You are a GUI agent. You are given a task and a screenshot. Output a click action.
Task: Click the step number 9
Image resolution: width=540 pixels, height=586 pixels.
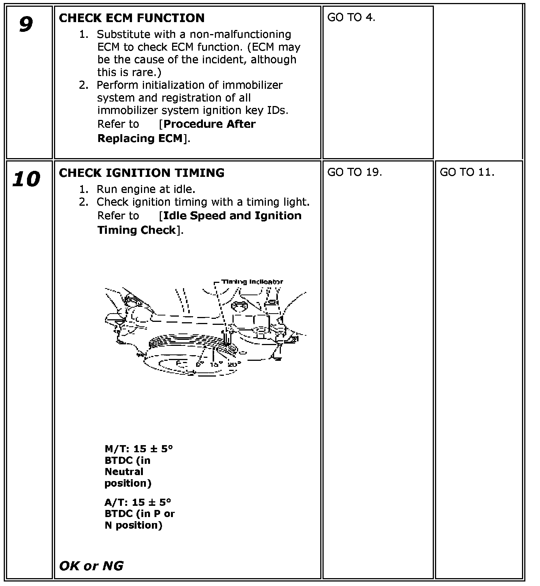[25, 25]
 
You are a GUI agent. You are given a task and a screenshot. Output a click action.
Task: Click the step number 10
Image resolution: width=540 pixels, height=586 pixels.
[26, 179]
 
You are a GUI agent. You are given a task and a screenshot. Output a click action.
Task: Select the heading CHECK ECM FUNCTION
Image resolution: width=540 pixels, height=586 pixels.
[132, 18]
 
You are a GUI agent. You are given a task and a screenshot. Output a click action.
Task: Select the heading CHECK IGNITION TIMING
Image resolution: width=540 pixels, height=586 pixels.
[141, 173]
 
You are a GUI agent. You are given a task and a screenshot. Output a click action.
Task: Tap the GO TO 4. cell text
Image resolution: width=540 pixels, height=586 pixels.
[351, 18]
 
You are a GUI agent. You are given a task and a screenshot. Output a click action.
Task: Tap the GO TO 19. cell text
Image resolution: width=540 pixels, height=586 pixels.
[354, 172]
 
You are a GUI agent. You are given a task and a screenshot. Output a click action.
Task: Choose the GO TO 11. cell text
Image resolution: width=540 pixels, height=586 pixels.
[467, 172]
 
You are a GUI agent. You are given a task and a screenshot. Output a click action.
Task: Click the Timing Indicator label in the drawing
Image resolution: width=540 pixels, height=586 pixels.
[252, 282]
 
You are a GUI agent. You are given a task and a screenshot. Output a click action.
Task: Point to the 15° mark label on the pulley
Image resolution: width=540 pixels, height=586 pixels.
[216, 364]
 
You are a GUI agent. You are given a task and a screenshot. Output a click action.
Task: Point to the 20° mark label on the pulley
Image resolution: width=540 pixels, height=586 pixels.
[234, 363]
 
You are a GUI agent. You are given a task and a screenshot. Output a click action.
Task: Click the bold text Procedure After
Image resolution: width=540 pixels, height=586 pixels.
[210, 124]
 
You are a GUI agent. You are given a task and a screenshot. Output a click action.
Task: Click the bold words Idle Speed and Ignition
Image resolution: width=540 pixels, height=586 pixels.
[232, 216]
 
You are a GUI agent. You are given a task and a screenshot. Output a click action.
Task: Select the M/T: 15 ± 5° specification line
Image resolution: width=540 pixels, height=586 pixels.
[139, 448]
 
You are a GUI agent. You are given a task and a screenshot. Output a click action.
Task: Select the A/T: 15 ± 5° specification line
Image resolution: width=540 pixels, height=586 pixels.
[138, 502]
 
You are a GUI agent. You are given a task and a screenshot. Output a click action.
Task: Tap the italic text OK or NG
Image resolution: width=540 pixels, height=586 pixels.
[91, 565]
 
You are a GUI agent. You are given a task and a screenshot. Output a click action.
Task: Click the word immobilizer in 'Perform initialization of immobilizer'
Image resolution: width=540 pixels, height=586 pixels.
[252, 85]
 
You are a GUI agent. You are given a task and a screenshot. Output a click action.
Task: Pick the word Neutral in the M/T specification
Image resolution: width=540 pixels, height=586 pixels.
[124, 472]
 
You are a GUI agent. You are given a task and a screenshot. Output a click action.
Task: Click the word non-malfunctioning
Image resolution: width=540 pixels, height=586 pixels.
[240, 34]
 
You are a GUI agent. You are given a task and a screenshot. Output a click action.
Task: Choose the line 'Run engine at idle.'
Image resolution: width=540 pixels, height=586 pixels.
[146, 189]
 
